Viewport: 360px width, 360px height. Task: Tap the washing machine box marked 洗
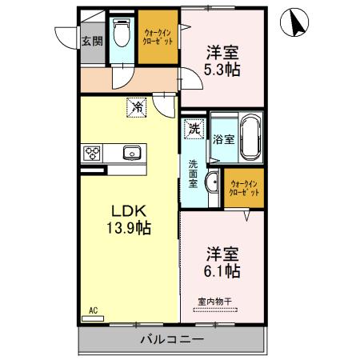click(x=194, y=127)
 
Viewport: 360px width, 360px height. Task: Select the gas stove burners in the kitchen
click(x=92, y=154)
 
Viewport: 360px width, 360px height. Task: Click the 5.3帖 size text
click(x=222, y=69)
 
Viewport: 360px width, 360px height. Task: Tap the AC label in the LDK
click(x=93, y=309)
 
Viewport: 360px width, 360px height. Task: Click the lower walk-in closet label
click(x=244, y=189)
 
